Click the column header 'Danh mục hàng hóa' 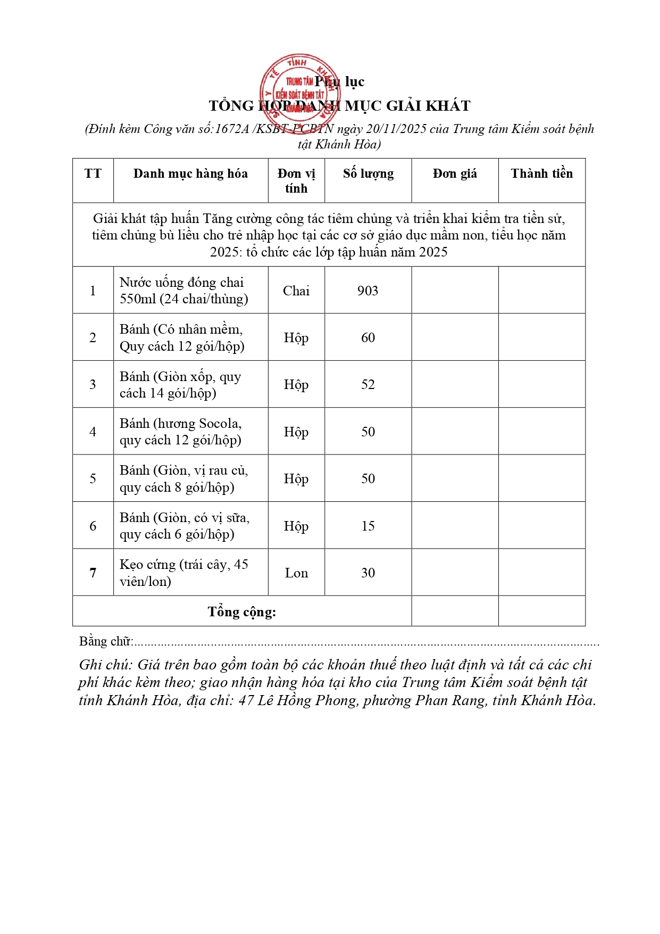click(190, 174)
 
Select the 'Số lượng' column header click(368, 174)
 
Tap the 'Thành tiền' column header click(541, 174)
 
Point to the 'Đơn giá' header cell click(455, 174)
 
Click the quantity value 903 click(368, 291)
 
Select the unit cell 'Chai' click(296, 291)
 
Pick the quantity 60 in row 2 click(368, 337)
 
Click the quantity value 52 click(368, 384)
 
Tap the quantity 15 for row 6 click(368, 526)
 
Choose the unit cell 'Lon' click(296, 573)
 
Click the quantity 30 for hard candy click(368, 573)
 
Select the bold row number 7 click(93, 573)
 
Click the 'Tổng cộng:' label click(242, 612)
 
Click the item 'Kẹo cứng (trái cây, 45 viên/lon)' click(183, 573)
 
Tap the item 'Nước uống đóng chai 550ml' click(183, 291)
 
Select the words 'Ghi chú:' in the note click(105, 665)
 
